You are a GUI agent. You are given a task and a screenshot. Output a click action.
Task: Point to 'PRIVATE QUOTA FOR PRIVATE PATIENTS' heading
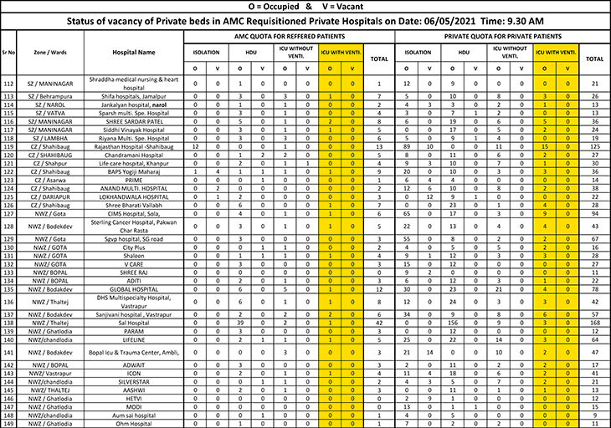point(502,37)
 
